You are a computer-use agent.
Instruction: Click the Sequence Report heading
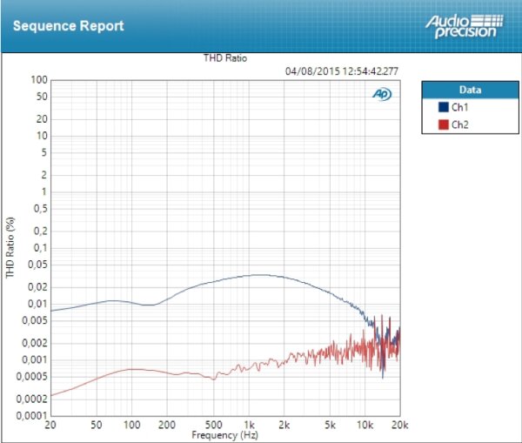tap(68, 25)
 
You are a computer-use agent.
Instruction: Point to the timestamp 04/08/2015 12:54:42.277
tap(342, 71)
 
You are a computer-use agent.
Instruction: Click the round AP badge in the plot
tap(381, 94)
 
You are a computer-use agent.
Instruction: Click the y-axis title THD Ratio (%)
tap(10, 248)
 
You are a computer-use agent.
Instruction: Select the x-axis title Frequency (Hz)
tap(224, 433)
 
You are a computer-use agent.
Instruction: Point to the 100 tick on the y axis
tap(37, 80)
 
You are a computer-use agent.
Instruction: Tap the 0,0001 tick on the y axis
tap(30, 416)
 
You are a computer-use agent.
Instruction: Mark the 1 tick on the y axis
tap(43, 191)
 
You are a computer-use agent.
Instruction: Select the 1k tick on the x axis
tap(249, 425)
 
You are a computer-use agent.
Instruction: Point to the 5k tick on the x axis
tap(329, 425)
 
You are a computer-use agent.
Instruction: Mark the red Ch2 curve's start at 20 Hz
tap(51, 395)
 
